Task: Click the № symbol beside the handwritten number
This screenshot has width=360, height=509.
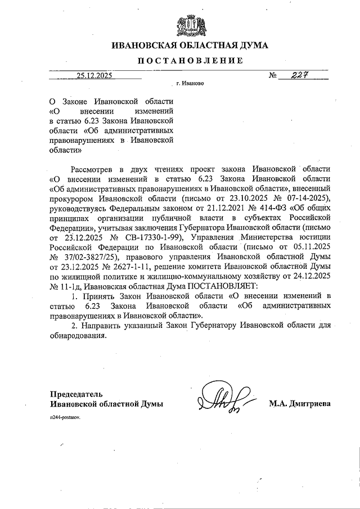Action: pos(274,76)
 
